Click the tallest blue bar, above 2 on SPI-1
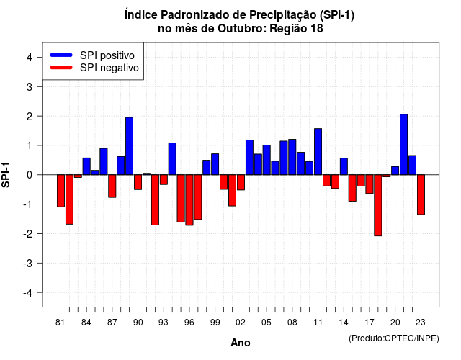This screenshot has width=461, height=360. pos(403,145)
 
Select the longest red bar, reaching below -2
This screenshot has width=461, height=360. pos(377,205)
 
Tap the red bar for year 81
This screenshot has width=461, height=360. pos(61,191)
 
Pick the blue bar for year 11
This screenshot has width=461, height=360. pos(318,152)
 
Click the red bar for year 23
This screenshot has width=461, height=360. pos(421,194)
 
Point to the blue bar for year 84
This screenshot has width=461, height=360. pos(86,166)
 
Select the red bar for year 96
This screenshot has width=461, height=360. pos(189,200)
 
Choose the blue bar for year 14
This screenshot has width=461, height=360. pos(344,166)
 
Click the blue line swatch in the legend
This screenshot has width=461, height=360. pos(61,55)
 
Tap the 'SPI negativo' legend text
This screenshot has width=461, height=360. pos(109,68)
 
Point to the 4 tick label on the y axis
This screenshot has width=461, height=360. pos(30,58)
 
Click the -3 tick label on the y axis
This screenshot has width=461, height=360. pos(28,263)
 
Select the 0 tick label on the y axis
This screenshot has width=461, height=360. pos(30,175)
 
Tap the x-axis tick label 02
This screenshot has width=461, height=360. pos(241,323)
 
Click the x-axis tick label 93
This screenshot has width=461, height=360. pos(164,323)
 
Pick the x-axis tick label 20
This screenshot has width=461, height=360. pos(395,323)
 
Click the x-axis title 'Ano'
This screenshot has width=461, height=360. pos(241,343)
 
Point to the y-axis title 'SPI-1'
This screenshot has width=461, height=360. pos(6,175)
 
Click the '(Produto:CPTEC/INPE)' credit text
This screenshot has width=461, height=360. pos(394,338)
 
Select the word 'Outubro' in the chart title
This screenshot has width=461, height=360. pos(242,29)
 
